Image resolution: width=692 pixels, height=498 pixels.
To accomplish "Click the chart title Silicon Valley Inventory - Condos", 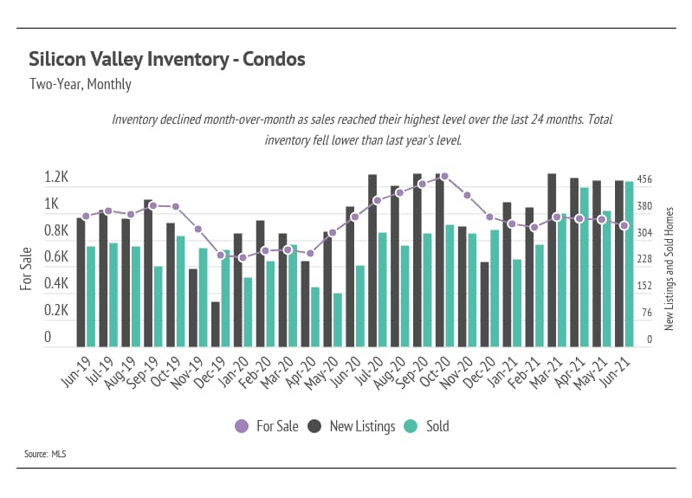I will [166, 60].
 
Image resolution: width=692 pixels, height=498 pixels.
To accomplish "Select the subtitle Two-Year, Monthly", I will [80, 85].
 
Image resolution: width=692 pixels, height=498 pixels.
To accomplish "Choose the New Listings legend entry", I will [352, 426].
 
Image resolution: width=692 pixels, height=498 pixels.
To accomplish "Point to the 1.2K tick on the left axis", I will [56, 178].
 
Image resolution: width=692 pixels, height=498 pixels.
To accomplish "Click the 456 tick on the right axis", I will [644, 179].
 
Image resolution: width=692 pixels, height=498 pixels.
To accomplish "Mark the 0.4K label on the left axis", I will [56, 284].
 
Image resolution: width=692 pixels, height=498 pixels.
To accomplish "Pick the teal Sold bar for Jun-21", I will [630, 264].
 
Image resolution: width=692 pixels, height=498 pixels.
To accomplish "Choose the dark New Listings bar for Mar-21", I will [552, 260].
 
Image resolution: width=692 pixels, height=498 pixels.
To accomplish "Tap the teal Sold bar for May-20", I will [338, 320].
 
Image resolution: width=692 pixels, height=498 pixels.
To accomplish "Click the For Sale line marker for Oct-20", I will [444, 176].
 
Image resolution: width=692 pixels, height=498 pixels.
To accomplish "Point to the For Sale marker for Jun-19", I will [86, 217].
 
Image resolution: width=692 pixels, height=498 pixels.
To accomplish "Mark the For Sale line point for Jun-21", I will [624, 225].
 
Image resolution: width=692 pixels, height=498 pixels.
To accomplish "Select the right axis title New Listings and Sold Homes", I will [669, 268].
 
